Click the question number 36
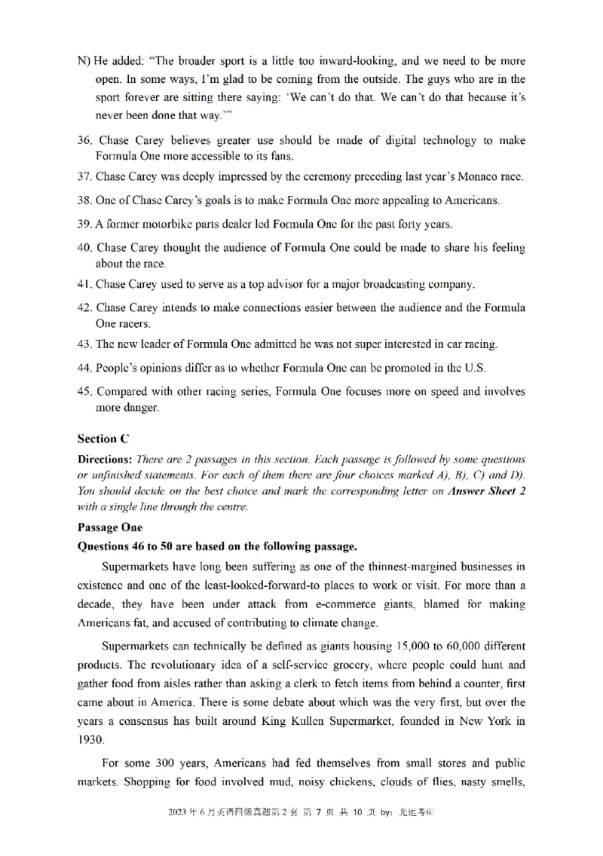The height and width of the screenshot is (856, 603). [86, 141]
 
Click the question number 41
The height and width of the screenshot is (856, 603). [85, 284]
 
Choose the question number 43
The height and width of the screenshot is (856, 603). [85, 344]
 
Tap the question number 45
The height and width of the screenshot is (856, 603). [86, 391]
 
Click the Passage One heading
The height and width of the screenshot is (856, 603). [110, 527]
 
